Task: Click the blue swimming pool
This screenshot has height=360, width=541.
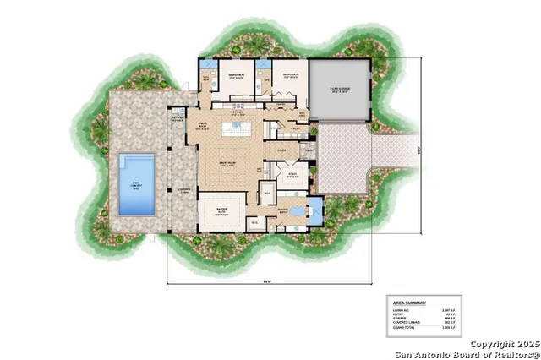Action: coord(135,182)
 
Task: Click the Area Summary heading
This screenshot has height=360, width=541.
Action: coord(409,302)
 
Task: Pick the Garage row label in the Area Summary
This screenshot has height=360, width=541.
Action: coord(399,318)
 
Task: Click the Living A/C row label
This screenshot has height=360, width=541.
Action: coord(401,309)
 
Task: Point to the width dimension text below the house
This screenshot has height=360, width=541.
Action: coord(266,282)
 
